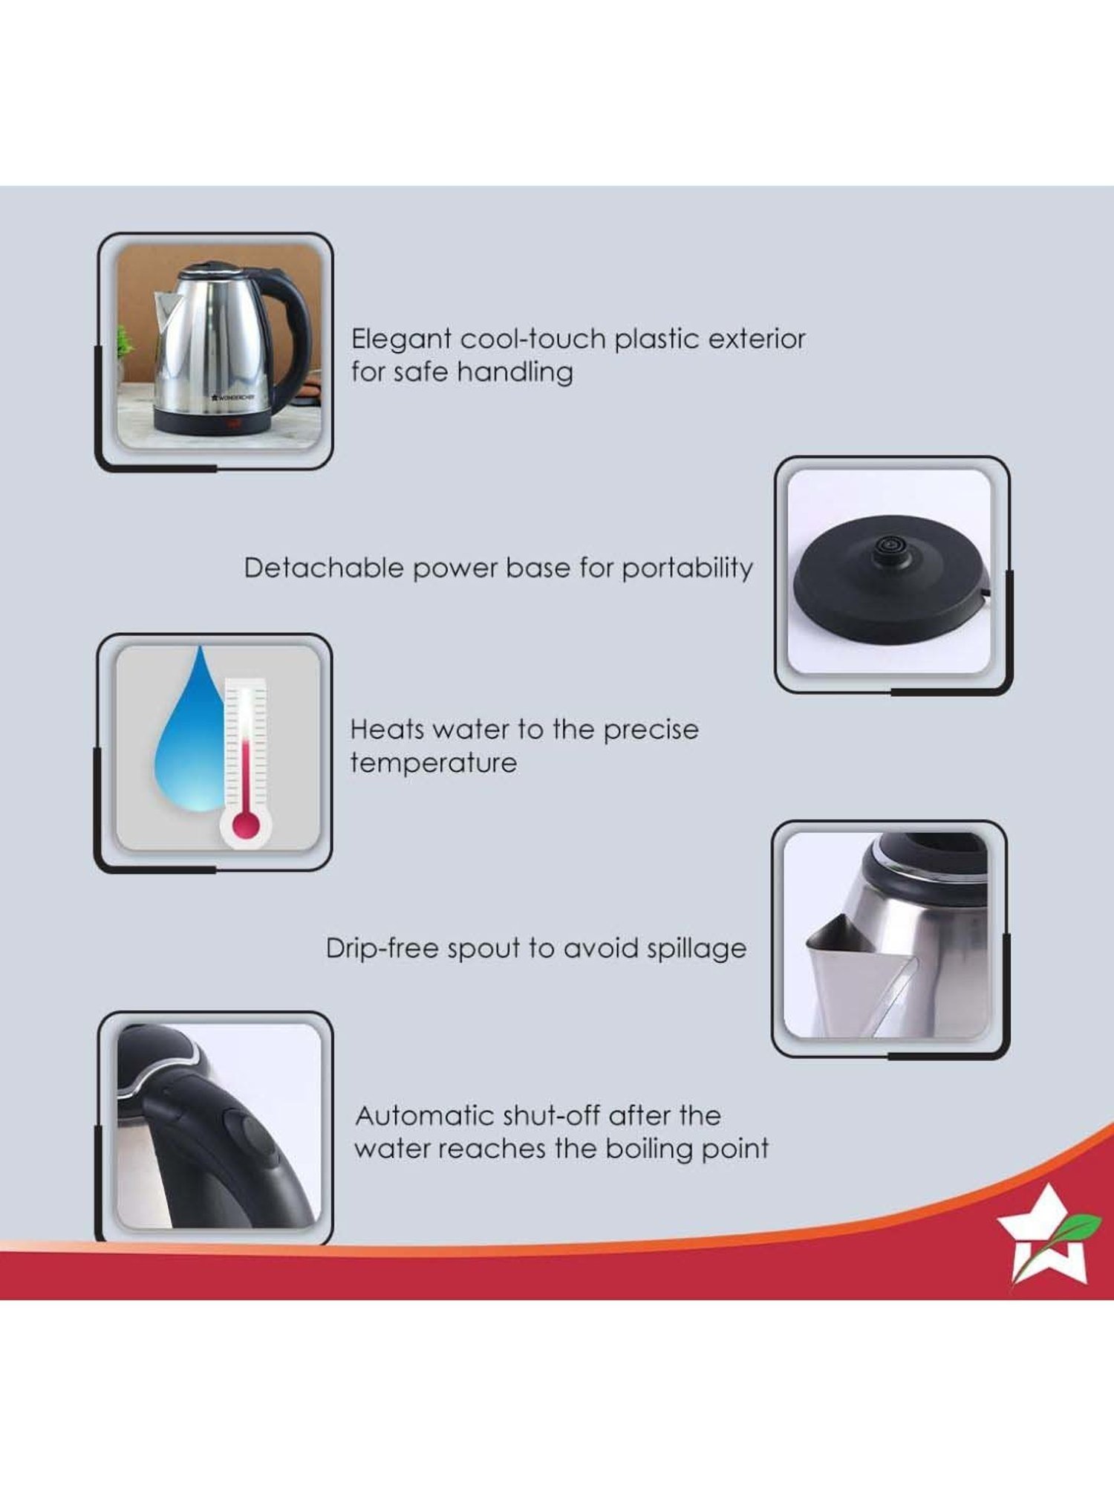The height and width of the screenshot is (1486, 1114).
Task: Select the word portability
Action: [x=687, y=569]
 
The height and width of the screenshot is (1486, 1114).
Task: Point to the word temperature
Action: [x=434, y=764]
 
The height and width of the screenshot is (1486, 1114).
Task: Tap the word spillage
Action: [x=696, y=950]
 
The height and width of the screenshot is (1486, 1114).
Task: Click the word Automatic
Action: [x=424, y=1115]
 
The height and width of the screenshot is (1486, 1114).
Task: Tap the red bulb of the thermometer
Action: [x=245, y=825]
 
